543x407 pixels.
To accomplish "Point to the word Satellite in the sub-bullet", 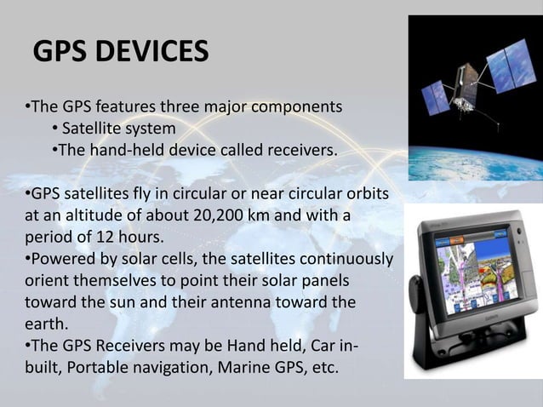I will (x=92, y=129).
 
